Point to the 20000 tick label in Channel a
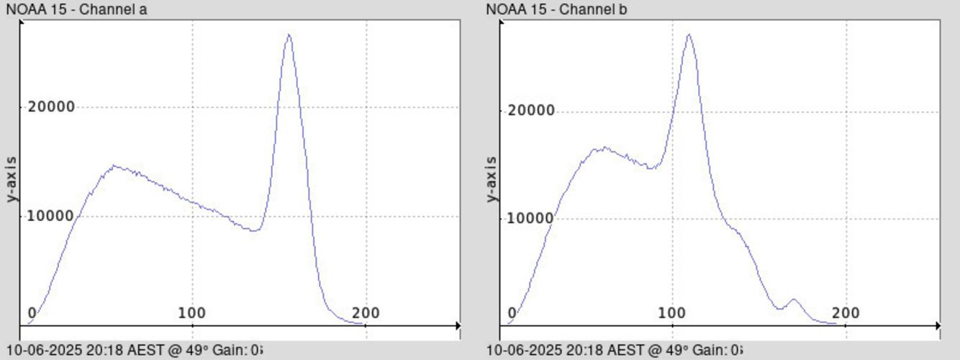click(51, 107)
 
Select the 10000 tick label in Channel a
click(51, 216)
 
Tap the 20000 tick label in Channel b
click(530, 111)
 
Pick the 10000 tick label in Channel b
click(530, 218)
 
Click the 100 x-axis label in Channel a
click(192, 313)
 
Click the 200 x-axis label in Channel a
click(366, 313)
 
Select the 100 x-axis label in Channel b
click(672, 313)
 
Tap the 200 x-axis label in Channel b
click(846, 313)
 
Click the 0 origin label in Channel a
click(32, 313)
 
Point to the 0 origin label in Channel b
click(512, 313)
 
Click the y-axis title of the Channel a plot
click(12, 179)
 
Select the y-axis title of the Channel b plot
click(492, 179)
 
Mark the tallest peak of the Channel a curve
click(289, 35)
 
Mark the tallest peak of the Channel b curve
click(689, 35)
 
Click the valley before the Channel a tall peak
click(253, 230)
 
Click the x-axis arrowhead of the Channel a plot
click(457, 326)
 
